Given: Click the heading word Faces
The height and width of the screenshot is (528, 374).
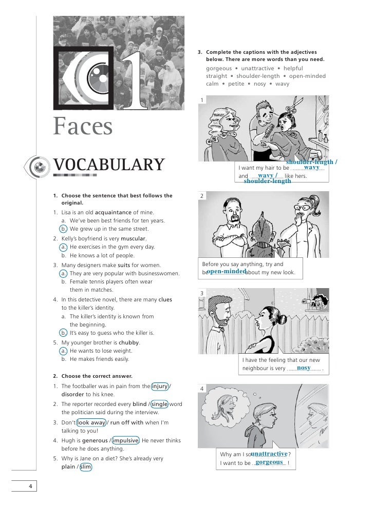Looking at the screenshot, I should [x=82, y=127].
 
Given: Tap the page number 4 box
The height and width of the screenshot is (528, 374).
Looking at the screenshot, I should [x=30, y=486].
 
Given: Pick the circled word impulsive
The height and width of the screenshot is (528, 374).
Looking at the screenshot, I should [x=125, y=440].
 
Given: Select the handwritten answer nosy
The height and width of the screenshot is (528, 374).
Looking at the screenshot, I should [x=304, y=368].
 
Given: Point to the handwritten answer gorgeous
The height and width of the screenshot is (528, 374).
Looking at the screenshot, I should [x=270, y=462].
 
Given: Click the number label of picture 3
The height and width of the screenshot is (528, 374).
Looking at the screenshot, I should [x=202, y=293].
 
